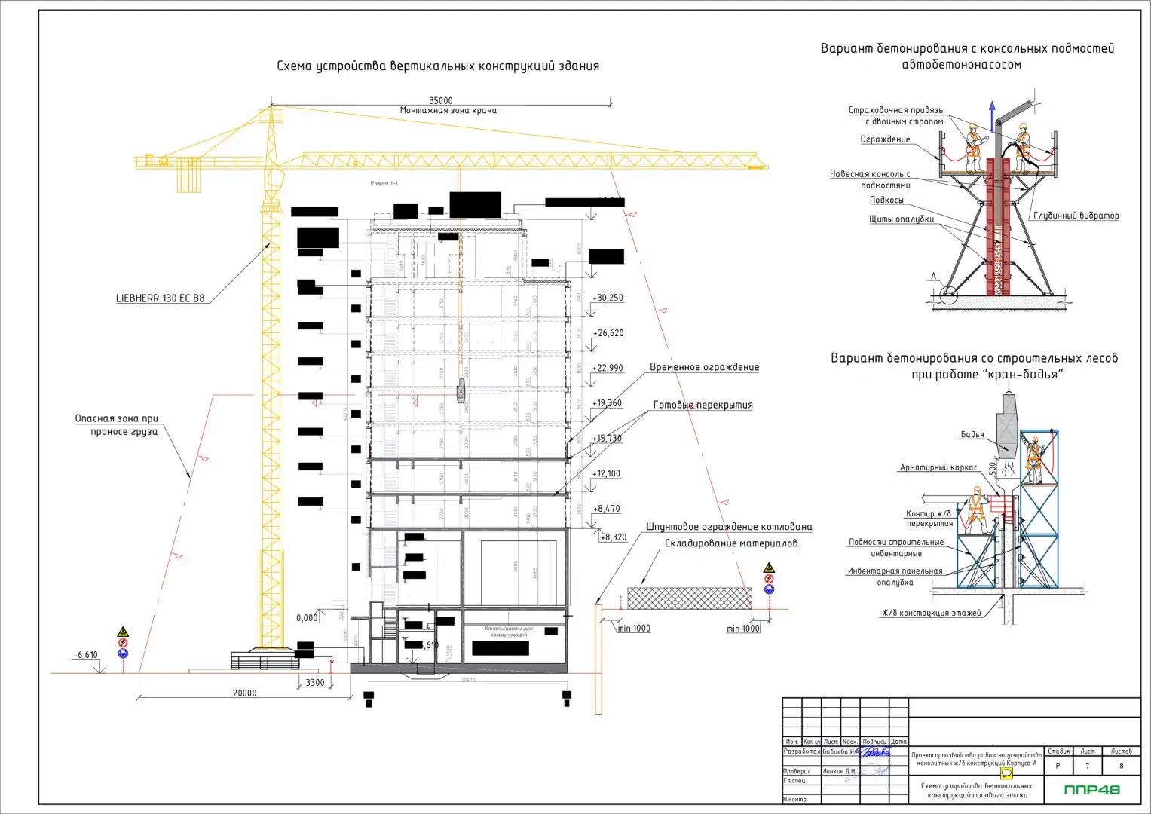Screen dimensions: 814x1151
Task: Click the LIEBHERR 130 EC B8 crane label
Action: coord(160,298)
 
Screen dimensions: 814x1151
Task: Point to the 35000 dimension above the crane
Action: coord(441,100)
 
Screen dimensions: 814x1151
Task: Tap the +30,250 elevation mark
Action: coord(608,298)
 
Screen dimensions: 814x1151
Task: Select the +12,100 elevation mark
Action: coord(606,473)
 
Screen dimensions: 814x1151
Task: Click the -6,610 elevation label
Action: coord(86,655)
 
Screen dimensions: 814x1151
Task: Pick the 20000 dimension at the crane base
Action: coord(244,693)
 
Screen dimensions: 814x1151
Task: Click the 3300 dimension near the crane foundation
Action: coord(315,683)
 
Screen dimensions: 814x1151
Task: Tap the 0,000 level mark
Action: coord(307,618)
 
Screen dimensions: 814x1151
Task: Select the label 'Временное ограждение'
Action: coord(704,367)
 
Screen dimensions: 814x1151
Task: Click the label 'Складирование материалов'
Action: coord(730,543)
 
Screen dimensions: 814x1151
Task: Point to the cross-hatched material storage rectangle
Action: coord(689,598)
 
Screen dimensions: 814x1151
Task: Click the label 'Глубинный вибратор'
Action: coord(1076,216)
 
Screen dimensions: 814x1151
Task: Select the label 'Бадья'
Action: coord(972,435)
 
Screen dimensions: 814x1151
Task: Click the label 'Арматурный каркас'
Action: coord(938,467)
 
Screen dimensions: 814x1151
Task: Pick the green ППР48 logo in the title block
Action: coord(1091,790)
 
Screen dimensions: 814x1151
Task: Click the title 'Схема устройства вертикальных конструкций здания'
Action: coord(438,66)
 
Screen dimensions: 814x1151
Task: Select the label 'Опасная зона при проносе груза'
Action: coord(117,425)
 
